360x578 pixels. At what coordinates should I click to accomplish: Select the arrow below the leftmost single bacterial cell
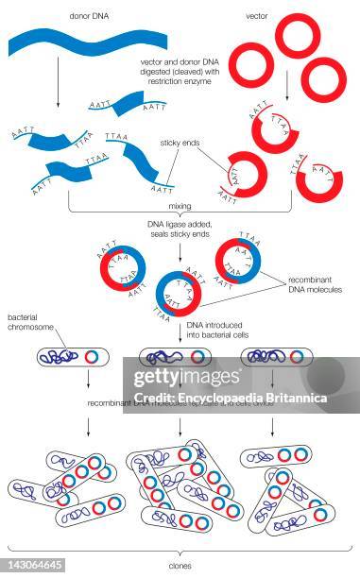87,379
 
